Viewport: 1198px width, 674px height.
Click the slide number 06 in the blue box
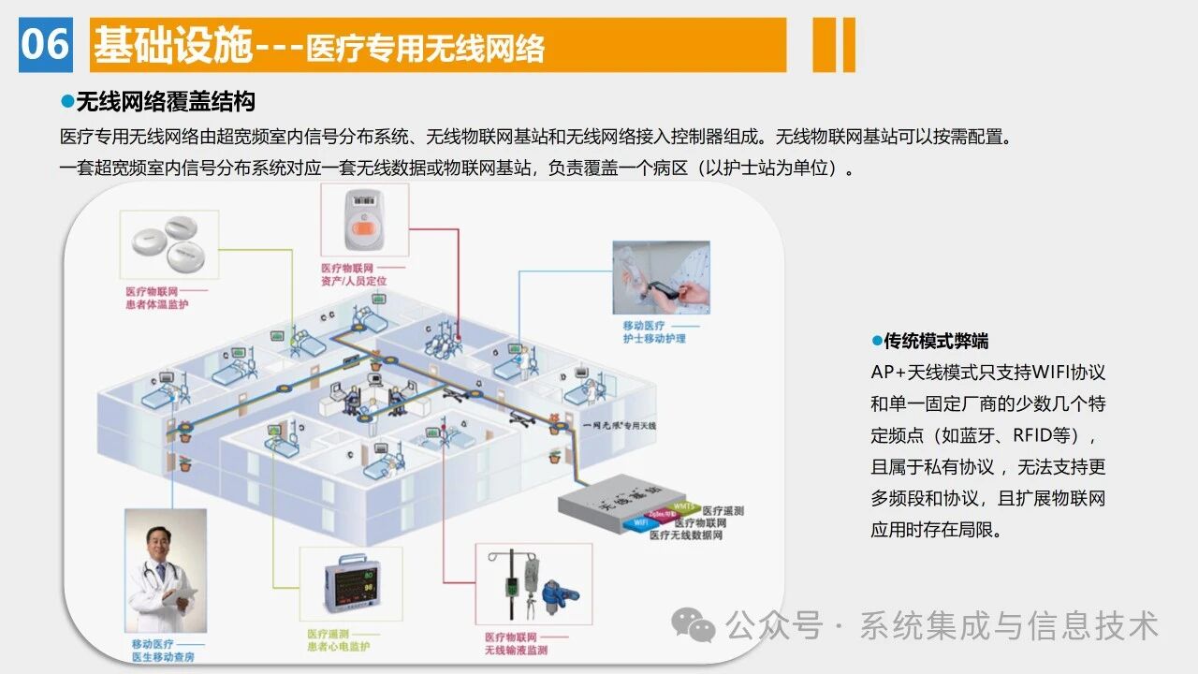(45, 44)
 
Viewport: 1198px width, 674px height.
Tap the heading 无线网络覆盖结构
(165, 101)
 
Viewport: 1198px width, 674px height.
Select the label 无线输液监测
(516, 650)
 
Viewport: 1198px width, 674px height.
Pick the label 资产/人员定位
(354, 281)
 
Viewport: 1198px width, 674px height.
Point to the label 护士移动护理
(654, 338)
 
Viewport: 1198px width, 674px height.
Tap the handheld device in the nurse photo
(664, 287)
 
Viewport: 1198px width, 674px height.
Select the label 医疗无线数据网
(685, 535)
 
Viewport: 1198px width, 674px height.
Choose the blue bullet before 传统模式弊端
(877, 341)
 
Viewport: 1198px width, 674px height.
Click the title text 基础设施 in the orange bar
(172, 45)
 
